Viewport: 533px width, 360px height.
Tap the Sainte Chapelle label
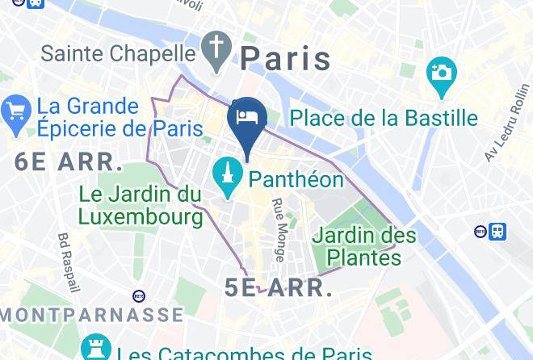click(118, 53)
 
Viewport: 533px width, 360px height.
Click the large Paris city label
click(286, 58)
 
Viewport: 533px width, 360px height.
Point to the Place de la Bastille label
click(384, 118)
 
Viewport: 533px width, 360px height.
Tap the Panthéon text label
click(296, 178)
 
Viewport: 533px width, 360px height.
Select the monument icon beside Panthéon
click(228, 178)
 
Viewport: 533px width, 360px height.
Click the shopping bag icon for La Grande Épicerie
click(15, 117)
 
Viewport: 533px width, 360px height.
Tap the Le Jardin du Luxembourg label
click(141, 205)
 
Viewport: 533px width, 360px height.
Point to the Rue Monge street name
click(279, 230)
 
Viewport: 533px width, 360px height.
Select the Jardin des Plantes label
click(363, 246)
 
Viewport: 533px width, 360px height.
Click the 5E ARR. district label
click(279, 288)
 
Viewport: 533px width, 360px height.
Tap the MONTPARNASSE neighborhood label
click(91, 314)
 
